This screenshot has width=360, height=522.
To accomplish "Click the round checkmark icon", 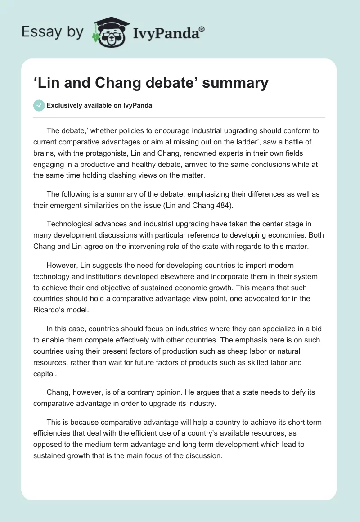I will point(39,105).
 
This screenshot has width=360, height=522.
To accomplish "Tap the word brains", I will point(44,153).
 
